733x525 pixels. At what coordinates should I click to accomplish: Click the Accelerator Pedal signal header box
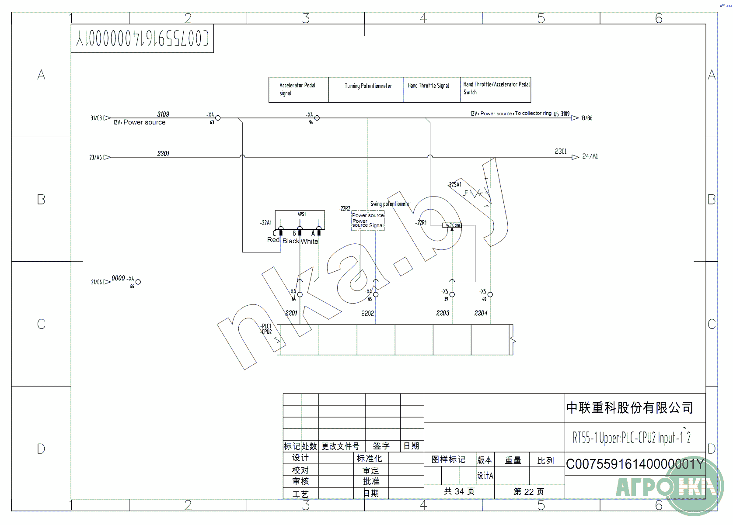[298, 90]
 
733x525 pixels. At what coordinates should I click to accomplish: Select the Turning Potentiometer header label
[368, 86]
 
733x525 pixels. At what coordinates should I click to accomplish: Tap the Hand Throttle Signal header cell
[428, 86]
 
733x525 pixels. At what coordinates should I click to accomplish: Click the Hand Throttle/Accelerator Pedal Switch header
[496, 88]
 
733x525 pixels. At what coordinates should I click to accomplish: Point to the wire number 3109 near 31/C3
[163, 114]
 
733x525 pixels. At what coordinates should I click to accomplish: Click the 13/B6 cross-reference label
[586, 118]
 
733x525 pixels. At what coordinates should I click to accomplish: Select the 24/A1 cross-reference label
[590, 156]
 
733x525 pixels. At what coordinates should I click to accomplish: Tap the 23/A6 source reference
[95, 157]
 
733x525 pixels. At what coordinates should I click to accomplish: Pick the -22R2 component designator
[344, 208]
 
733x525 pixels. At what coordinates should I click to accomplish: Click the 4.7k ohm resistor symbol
[453, 225]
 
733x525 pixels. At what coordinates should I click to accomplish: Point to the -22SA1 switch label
[455, 185]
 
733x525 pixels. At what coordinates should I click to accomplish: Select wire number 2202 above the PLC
[367, 313]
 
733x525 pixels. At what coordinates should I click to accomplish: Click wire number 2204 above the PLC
[481, 313]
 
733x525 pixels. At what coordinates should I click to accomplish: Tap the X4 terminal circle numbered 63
[218, 118]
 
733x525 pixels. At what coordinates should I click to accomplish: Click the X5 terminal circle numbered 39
[452, 294]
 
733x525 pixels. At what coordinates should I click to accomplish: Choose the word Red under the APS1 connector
[273, 240]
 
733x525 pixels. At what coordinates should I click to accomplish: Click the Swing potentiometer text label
[391, 204]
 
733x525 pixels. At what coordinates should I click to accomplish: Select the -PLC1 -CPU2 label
[266, 329]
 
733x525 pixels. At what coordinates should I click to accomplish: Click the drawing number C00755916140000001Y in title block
[635, 464]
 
